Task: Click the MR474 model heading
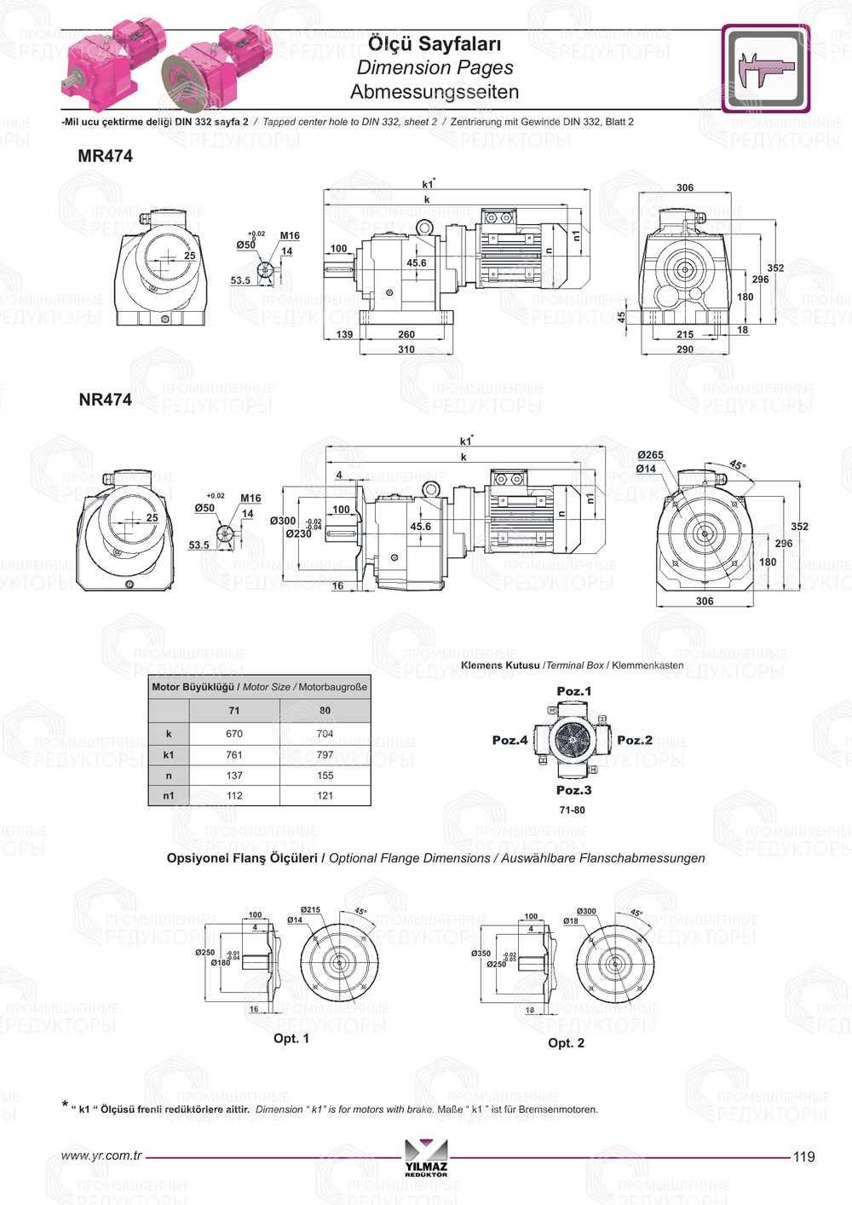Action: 105,156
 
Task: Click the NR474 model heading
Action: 105,400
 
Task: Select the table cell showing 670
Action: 234,734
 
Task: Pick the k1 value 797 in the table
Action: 325,755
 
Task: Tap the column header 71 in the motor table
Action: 234,711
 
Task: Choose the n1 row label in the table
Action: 169,796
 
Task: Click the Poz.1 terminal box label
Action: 573,691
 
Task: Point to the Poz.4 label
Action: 509,740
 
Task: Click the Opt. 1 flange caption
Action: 291,1038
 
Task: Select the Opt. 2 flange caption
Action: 566,1043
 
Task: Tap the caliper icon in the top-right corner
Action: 765,68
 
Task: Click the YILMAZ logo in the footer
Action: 426,1158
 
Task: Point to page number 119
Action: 803,1156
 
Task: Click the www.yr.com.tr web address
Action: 101,1156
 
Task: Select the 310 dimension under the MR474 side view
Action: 406,349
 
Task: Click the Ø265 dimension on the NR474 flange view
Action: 650,455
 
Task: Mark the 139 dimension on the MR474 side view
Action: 344,335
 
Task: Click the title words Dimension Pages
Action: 435,67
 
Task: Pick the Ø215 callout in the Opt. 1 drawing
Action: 310,909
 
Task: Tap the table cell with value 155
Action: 325,775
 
